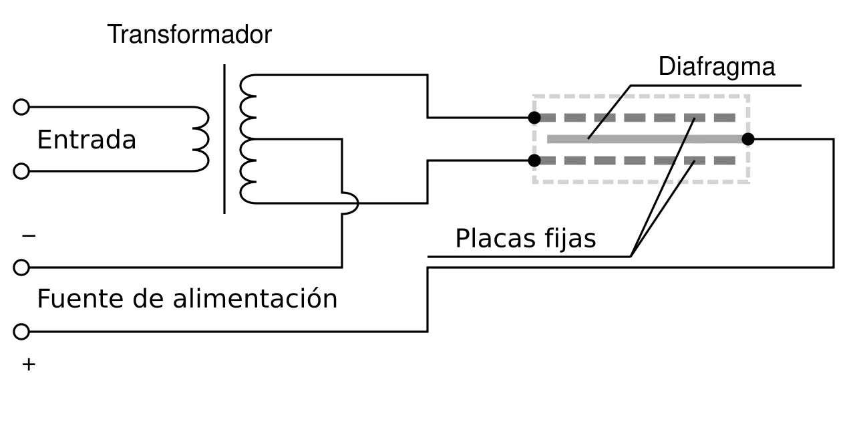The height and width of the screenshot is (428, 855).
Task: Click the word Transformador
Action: [190, 34]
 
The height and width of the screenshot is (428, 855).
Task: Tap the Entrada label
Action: [87, 140]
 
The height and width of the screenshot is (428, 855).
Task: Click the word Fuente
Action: [80, 298]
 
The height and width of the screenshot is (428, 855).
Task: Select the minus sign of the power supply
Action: [29, 236]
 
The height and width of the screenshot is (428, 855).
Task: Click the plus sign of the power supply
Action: [29, 364]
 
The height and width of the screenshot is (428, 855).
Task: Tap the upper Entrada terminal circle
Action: [21, 107]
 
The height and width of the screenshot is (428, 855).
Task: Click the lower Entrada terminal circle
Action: [21, 171]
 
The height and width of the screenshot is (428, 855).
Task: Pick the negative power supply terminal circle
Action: [21, 267]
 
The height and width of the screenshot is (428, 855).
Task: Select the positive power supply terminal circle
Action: [21, 332]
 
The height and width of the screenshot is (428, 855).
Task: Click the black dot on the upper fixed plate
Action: [534, 118]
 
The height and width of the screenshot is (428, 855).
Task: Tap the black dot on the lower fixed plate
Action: [534, 160]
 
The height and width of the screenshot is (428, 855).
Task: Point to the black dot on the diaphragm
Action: [748, 139]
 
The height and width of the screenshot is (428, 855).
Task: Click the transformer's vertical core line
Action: [224, 139]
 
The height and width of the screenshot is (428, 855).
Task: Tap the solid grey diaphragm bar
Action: [647, 139]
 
